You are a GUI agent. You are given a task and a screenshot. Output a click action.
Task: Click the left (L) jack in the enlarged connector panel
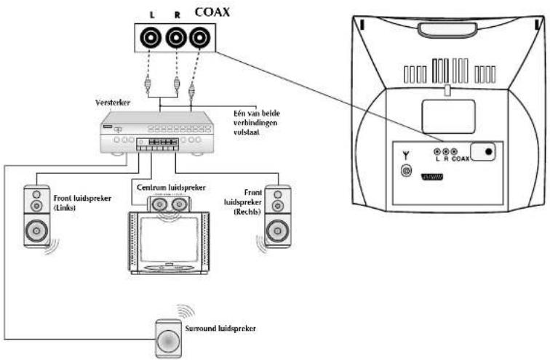pos(153,36)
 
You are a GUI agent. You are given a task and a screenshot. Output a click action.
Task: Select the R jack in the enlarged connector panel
pos(176,36)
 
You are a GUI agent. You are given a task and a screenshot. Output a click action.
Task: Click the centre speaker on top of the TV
pos(167,206)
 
